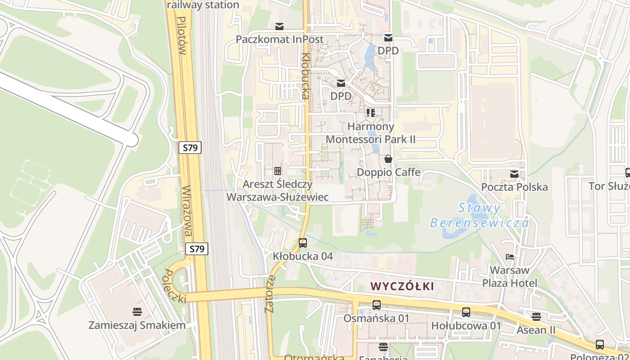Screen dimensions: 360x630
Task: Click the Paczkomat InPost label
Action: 279,40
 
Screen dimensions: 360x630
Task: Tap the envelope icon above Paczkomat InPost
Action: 279,26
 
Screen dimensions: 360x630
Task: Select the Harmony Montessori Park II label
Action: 370,133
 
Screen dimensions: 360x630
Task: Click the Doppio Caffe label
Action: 388,172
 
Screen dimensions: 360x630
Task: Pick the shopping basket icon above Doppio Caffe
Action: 388,159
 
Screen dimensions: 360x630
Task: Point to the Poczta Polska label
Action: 514,187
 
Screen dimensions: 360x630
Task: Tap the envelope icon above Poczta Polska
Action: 514,174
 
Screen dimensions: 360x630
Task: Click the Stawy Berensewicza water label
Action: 480,215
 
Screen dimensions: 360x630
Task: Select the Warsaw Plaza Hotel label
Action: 509,277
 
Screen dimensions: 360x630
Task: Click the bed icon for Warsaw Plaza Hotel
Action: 509,257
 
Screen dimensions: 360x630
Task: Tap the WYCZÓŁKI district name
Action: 403,286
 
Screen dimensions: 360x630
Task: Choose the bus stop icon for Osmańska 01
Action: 377,305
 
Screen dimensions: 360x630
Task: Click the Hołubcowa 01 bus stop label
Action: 466,325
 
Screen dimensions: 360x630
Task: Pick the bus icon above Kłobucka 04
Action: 303,243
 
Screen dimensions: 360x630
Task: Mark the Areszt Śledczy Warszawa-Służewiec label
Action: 277,190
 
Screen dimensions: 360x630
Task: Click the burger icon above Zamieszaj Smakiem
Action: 137,311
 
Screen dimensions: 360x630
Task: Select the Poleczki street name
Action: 175,286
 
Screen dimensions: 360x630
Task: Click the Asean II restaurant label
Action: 535,330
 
